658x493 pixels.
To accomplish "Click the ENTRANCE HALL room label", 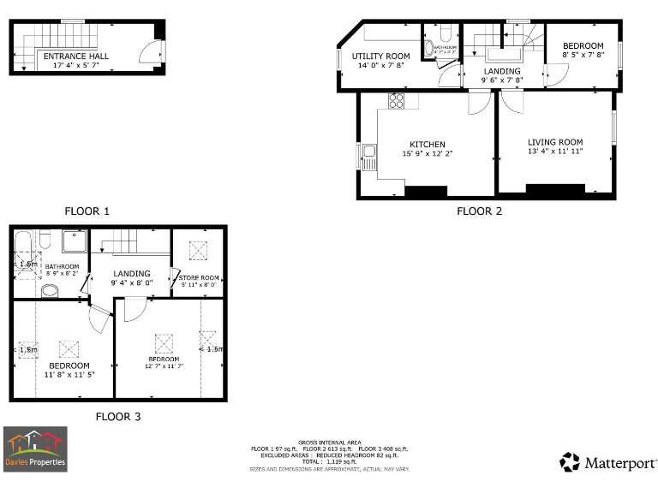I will point(75,56).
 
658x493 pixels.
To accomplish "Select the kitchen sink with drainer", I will point(368,157).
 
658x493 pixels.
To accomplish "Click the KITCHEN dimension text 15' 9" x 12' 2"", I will point(427,154).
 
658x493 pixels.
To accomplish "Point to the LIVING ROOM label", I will point(554,142).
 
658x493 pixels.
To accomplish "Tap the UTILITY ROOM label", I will point(381,56).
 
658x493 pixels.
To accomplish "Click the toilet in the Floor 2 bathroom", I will point(428,47).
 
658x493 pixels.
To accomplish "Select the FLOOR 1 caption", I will point(87,211).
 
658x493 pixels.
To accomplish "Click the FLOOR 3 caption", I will point(117,417).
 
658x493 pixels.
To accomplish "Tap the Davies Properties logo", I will point(35,448).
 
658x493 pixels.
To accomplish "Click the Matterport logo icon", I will point(570,462).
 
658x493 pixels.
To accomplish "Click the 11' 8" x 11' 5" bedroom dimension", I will point(63,374).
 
